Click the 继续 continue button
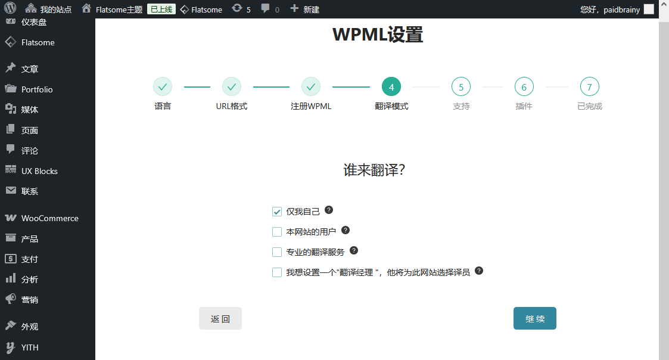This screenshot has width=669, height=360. coord(534,318)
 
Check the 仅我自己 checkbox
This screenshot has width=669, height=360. coord(277,212)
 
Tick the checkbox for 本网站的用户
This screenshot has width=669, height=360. coord(277,232)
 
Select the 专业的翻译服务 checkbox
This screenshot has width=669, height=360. coord(277,252)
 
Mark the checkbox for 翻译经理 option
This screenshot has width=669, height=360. coord(277,272)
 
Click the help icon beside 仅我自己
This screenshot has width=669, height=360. coord(328,210)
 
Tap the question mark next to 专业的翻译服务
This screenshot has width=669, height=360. coord(354,250)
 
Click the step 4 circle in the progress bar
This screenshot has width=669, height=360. coord(391,86)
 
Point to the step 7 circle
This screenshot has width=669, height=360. coord(590,86)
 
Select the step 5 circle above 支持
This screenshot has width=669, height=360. coord(460,86)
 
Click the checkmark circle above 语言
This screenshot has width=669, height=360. coord(163,86)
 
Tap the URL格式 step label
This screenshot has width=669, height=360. coord(232,106)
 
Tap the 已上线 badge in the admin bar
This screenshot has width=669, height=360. coord(161,9)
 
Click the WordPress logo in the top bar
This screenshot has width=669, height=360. coord(10,8)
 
